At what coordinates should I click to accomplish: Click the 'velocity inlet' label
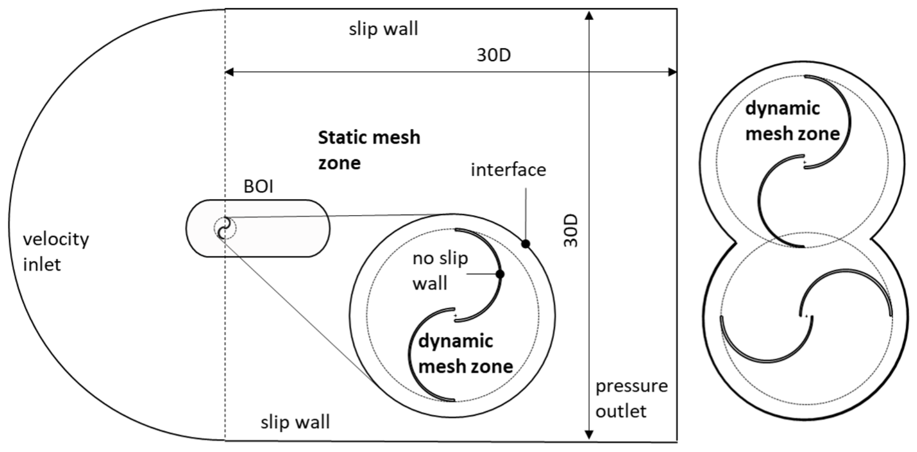coord(56,251)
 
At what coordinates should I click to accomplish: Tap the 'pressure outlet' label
coord(631,398)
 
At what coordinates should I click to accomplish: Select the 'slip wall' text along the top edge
coord(383,29)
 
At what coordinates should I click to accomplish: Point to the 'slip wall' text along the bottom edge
coord(295,422)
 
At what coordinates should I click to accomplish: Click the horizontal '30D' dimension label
coord(493,55)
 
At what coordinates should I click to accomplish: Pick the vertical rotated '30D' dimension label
coord(570,231)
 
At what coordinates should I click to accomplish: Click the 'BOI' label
coord(258,187)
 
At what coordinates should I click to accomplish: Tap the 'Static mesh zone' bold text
coord(369,150)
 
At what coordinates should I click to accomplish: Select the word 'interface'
coord(508,169)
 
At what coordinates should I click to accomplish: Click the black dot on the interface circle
coord(526,244)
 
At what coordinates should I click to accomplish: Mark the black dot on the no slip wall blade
coord(500,274)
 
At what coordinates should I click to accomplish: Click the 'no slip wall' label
coord(440,271)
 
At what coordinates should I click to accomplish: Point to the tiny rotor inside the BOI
coord(224,228)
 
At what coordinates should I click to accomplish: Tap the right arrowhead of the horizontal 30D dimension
coord(672,72)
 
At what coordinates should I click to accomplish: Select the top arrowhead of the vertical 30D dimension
coord(589,15)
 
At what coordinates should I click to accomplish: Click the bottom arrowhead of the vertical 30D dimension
coord(589,434)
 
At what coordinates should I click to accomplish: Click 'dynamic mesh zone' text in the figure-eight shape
coord(792,121)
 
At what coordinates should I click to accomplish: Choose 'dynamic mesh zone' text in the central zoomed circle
coord(465,354)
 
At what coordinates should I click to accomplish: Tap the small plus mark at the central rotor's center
coord(455,315)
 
